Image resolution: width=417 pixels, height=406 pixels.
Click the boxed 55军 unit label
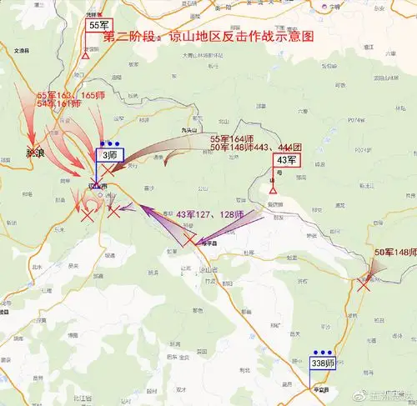[x=99, y=26]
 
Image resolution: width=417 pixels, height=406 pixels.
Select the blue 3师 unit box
[x=109, y=154]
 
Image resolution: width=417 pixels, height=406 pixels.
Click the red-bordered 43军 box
[x=286, y=160]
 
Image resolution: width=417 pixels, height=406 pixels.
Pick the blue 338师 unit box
[x=323, y=363]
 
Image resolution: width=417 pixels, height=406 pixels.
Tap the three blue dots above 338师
[x=321, y=352]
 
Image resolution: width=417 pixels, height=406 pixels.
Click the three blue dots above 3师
[x=108, y=143]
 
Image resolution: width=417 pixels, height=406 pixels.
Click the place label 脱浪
[x=35, y=154]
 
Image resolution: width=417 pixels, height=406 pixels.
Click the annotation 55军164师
[x=231, y=138]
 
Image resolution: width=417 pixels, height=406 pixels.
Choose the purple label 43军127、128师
[x=209, y=215]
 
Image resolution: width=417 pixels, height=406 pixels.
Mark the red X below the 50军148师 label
[x=364, y=283]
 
